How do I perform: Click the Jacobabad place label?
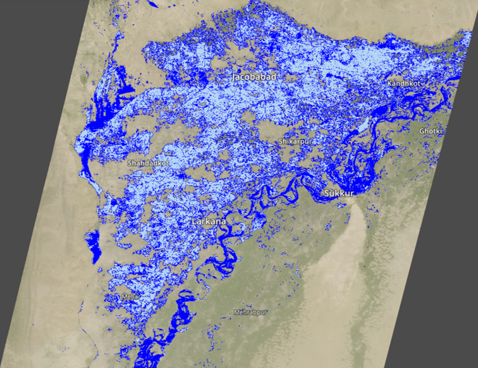254,76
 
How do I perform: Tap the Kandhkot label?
403,83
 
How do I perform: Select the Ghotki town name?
431,131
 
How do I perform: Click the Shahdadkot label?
148,163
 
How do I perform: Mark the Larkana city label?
209,222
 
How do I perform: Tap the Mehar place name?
131,295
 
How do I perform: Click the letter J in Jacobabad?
234,76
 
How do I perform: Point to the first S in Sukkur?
326,193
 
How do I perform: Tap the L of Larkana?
194,222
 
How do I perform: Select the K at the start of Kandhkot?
390,83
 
